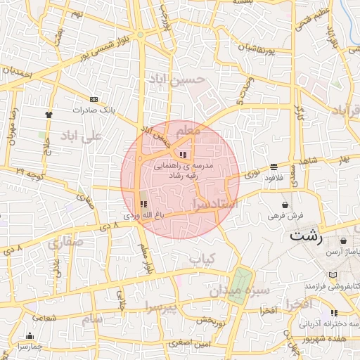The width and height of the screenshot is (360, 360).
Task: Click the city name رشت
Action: pos(306,236)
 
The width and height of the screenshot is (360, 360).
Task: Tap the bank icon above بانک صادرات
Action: pos(94,100)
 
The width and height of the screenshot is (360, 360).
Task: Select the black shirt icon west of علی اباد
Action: pos(49,114)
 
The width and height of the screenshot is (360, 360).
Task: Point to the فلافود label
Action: pos(273,179)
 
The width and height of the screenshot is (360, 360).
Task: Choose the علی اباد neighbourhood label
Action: pos(82,135)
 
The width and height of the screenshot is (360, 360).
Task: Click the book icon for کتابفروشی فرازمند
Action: pos(333,275)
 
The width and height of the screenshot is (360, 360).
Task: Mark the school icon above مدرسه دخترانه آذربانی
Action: pos(333,313)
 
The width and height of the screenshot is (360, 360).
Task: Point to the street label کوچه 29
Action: pos(29,172)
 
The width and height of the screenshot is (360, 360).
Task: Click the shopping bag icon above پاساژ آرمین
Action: pos(343,240)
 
